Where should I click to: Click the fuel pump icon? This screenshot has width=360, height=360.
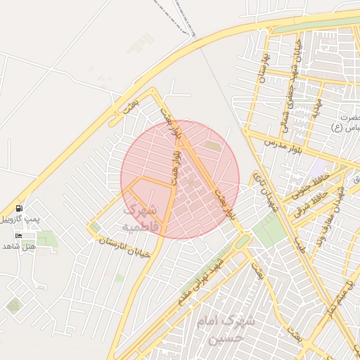click(18, 208)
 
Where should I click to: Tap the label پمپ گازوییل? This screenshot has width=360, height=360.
click(17, 220)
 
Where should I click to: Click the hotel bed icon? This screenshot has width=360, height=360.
click(18, 235)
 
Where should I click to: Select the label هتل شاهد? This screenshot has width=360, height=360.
click(18, 246)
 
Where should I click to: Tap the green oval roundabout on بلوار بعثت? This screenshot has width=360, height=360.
click(242, 242)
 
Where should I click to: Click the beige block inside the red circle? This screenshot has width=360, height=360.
click(212, 146)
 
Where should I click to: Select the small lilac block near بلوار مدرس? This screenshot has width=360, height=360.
click(319, 169)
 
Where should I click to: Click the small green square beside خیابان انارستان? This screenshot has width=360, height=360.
click(95, 227)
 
